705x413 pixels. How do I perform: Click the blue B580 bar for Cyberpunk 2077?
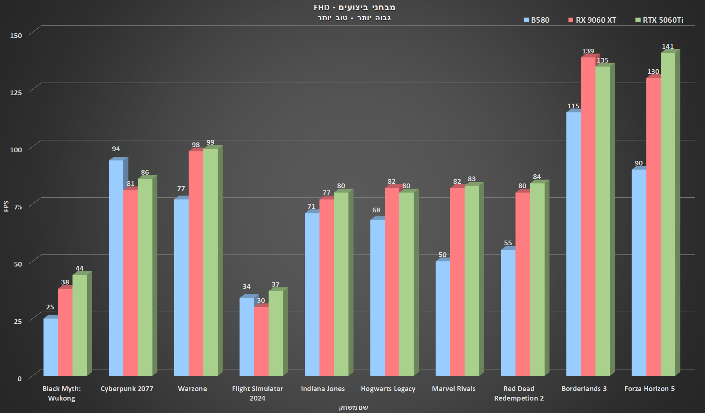pyautogui.click(x=116, y=267)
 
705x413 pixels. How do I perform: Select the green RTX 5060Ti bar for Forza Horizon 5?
pyautogui.click(x=668, y=214)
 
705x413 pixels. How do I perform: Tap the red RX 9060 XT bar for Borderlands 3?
pyautogui.click(x=588, y=216)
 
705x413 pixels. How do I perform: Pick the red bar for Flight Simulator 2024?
pyautogui.click(x=261, y=341)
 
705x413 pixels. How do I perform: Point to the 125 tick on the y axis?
pyautogui.click(x=16, y=93)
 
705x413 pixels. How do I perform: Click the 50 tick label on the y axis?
pyautogui.click(x=18, y=264)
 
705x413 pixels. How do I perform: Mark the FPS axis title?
pyautogui.click(x=6, y=206)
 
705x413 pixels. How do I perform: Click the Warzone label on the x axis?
pyautogui.click(x=192, y=389)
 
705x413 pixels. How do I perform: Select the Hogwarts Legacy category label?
pyautogui.click(x=388, y=389)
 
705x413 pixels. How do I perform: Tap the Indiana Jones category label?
pyautogui.click(x=322, y=389)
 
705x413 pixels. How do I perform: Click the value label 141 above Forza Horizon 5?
pyautogui.click(x=668, y=46)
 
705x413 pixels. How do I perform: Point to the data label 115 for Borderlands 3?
pyautogui.click(x=573, y=106)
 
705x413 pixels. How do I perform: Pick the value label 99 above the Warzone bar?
pyautogui.click(x=210, y=142)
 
